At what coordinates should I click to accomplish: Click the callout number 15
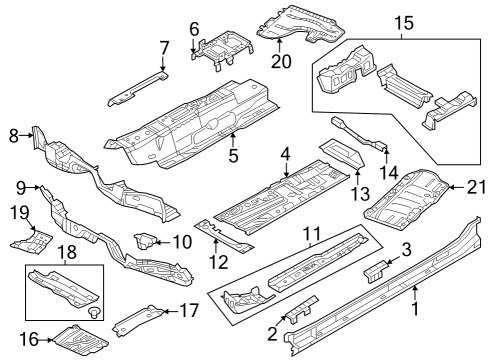pos(404,23)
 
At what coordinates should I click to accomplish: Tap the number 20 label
pos(281,61)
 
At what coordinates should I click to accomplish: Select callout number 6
pos(194,29)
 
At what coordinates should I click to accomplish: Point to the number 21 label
pos(476,187)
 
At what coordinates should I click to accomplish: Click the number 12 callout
pos(219,262)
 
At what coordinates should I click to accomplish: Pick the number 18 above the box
pos(67,252)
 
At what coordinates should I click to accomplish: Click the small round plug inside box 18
pos(94,313)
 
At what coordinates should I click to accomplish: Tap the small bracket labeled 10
pos(145,241)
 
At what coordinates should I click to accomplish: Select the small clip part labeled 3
pos(376,272)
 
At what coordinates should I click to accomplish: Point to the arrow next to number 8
pos(26,135)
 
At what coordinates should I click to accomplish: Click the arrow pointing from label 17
pos(171,312)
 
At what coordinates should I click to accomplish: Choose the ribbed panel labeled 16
pos(81,342)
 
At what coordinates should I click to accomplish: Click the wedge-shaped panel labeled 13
pos(342,154)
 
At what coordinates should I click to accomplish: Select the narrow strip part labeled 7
pos(138,88)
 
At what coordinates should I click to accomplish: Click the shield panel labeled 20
pos(300,23)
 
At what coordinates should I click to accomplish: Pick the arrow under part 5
pos(233,140)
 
